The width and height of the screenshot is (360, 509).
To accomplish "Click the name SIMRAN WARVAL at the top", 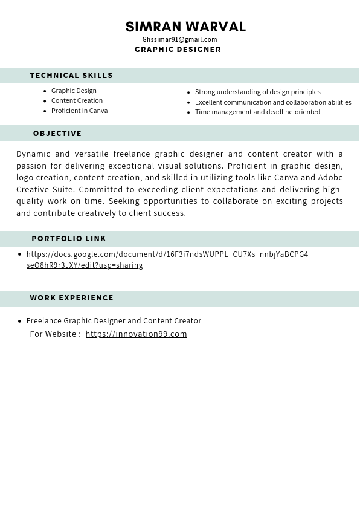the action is [x=185, y=27].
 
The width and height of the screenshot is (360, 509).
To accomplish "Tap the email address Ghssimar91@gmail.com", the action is [x=179, y=39].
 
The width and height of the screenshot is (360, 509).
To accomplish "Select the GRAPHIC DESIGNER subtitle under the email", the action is [x=178, y=50].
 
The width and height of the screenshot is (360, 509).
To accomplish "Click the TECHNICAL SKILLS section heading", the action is [x=71, y=76].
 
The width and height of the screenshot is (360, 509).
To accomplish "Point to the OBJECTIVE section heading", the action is [x=57, y=134].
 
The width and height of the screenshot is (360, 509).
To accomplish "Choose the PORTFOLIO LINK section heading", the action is [x=69, y=239].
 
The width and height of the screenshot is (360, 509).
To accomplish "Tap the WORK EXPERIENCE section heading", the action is [x=72, y=298].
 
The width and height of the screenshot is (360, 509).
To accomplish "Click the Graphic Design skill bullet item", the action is [x=74, y=91].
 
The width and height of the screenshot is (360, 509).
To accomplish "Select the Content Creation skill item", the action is [x=77, y=100].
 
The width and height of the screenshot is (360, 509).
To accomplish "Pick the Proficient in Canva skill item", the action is [x=79, y=111].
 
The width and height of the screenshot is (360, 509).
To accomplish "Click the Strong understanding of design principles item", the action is [x=257, y=92].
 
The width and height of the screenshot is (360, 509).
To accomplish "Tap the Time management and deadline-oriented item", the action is [x=257, y=112].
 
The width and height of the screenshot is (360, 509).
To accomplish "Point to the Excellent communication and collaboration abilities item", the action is [x=273, y=102].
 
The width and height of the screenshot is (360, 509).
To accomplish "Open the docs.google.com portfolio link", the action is [x=167, y=254].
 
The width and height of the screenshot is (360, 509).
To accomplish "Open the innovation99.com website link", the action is [x=137, y=334].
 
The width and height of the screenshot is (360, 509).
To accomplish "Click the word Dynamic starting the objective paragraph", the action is [x=33, y=154].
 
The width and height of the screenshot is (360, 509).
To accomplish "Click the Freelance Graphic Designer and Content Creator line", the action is [x=114, y=321].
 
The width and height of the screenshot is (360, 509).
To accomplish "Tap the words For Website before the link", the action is [x=54, y=334].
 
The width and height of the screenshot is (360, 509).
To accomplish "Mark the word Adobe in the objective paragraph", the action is [x=330, y=178].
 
